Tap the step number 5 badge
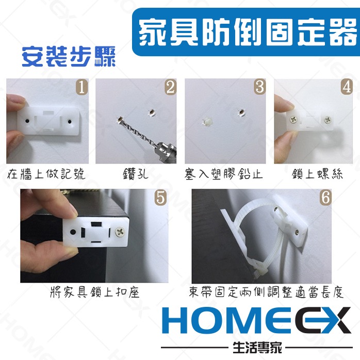pyautogui.click(x=160, y=198)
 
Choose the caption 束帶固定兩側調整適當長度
pyautogui.click(x=266, y=293)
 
